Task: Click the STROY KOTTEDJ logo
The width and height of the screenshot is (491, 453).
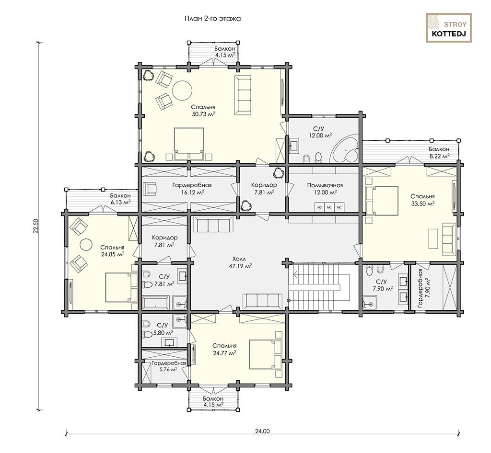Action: coord(448,28)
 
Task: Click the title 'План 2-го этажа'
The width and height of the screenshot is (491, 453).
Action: coord(212,19)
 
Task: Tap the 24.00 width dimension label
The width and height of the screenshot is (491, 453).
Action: coord(262,431)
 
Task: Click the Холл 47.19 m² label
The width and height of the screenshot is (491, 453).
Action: coord(240,262)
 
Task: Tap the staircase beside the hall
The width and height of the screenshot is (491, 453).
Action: coord(323,286)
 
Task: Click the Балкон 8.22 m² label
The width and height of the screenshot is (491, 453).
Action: coord(439,153)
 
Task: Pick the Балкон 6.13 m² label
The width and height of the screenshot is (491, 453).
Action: coord(120,199)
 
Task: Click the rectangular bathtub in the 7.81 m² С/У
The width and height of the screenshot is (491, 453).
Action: coord(156,303)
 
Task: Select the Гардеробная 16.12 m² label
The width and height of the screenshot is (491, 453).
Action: coord(192,189)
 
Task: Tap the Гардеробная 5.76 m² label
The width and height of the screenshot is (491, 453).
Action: coord(169,366)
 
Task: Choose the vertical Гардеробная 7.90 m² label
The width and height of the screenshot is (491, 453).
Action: coord(424,288)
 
